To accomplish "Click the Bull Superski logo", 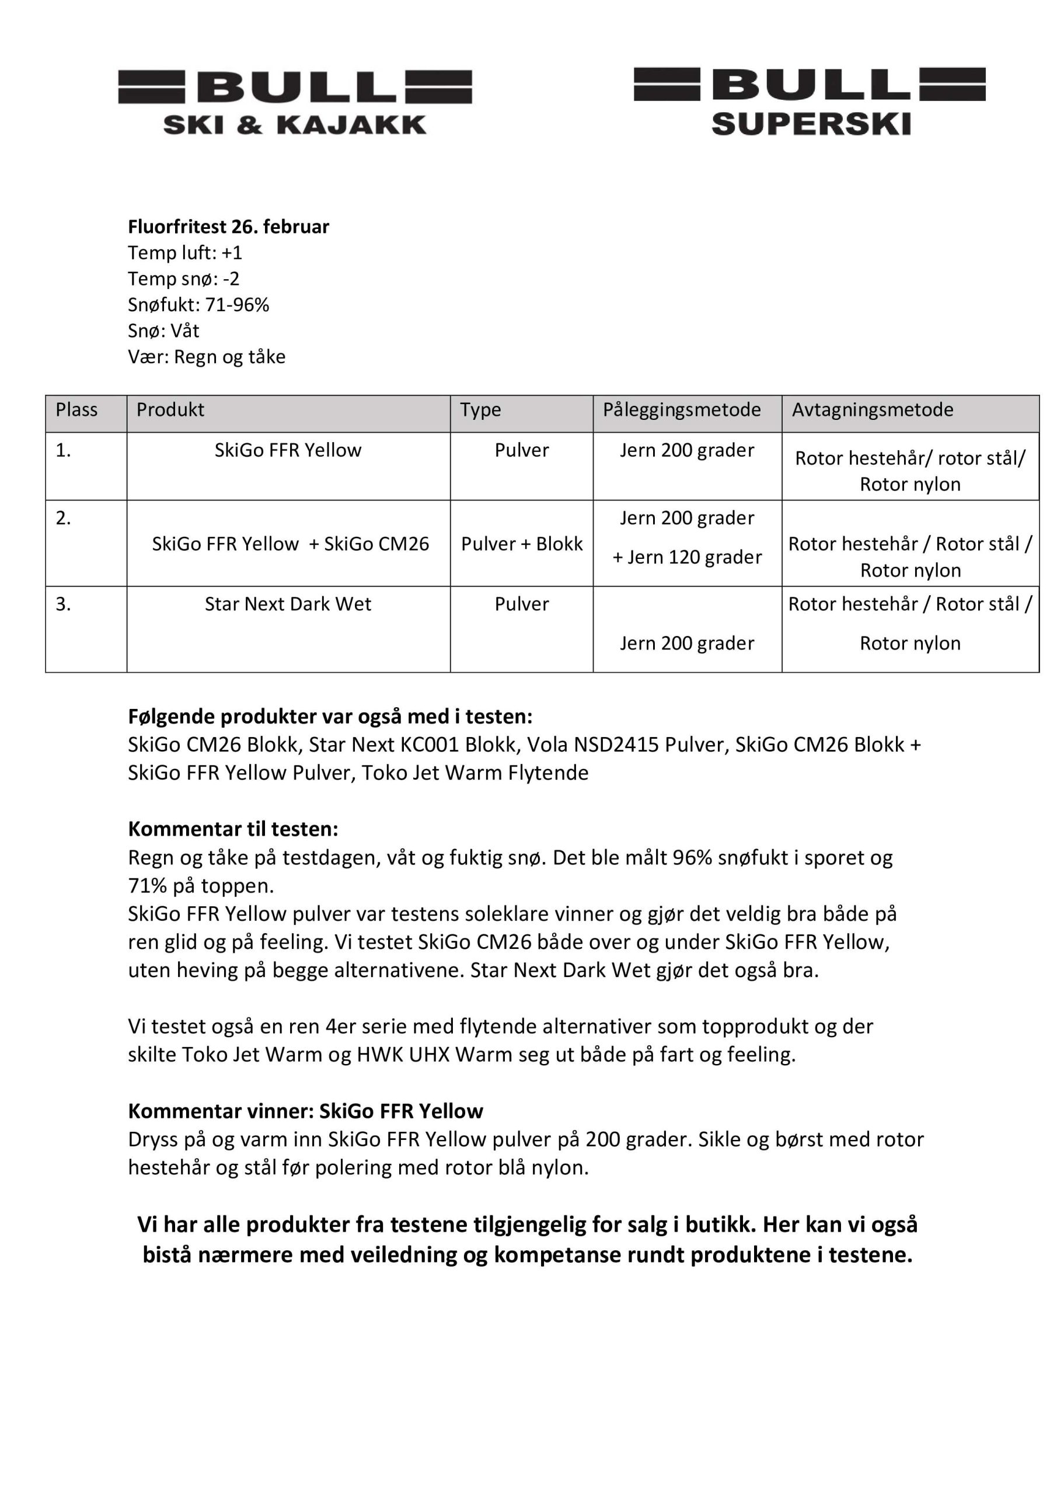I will point(810,101).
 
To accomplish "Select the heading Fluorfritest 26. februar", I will point(228,227).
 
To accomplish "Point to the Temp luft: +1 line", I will point(185,253).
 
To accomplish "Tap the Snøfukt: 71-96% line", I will point(198,305).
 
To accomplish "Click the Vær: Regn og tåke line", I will point(207,357).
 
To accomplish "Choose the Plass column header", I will point(77,410).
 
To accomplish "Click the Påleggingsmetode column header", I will point(682,410).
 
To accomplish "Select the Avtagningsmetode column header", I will point(872,410).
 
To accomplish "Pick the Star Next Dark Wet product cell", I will point(288,604).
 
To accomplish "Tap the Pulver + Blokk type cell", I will point(521,544).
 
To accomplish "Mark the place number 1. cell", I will point(63,451).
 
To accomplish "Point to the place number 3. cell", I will point(63,604).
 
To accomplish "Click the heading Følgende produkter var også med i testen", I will point(330,717).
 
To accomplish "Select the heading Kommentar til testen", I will point(233,829).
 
